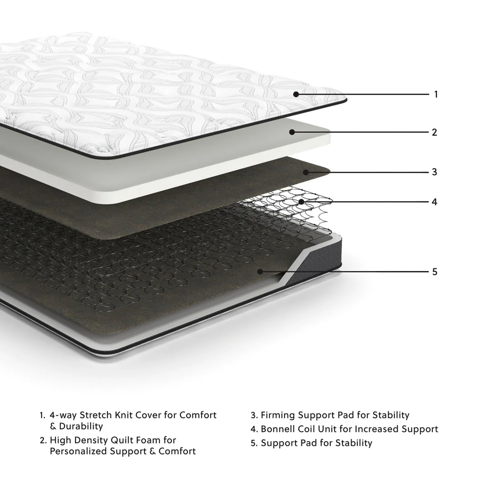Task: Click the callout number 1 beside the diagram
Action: click(436, 94)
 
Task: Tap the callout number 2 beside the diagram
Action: click(435, 132)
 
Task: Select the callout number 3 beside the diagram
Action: click(435, 172)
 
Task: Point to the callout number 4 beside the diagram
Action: click(435, 202)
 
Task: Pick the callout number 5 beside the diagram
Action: click(435, 272)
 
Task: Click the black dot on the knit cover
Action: click(296, 94)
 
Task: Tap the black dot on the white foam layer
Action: click(292, 132)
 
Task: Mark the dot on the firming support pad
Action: click(306, 172)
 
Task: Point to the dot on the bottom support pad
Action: click(260, 271)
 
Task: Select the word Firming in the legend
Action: click(277, 415)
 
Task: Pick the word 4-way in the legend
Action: click(63, 415)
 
